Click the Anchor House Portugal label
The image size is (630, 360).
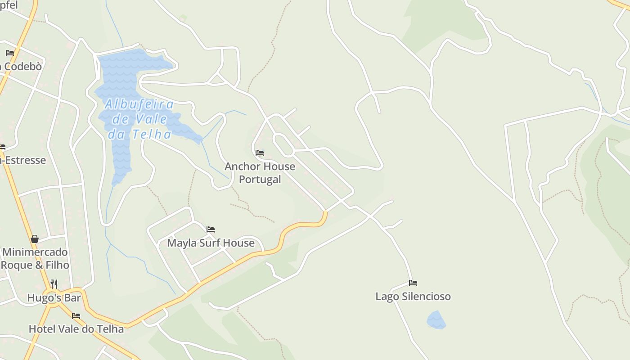[260, 172]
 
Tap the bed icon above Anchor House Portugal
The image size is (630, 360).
[260, 153]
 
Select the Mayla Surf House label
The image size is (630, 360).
[211, 243]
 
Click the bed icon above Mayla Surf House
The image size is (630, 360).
[211, 229]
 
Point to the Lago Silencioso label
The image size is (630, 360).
[413, 297]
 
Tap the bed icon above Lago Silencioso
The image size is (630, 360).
[413, 283]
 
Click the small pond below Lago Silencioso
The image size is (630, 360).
[436, 320]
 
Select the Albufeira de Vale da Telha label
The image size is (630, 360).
[139, 119]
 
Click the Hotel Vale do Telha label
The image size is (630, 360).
[76, 329]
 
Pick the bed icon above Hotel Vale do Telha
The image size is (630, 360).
[76, 316]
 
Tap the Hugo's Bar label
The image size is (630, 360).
[54, 298]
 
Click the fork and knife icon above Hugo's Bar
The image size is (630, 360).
[54, 284]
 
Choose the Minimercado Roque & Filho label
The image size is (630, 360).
[35, 258]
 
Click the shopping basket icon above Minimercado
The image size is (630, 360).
[35, 239]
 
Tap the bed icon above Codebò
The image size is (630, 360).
[10, 53]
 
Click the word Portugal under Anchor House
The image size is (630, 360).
[260, 179]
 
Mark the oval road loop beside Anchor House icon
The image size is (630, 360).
[283, 145]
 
